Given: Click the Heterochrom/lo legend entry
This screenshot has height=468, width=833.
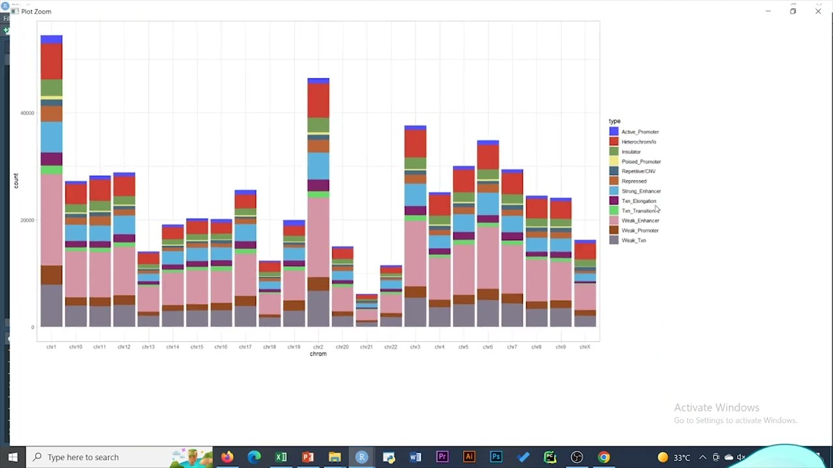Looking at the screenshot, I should pyautogui.click(x=638, y=142).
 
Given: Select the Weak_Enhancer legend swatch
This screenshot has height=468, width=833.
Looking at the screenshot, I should pyautogui.click(x=614, y=220).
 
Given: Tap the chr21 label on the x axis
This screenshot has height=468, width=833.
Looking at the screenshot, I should pyautogui.click(x=366, y=347).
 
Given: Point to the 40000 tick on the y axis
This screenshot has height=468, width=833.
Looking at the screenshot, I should pyautogui.click(x=27, y=113).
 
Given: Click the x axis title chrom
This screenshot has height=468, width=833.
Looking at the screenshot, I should pyautogui.click(x=318, y=354).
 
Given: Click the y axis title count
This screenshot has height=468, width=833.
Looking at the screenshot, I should pyautogui.click(x=16, y=181).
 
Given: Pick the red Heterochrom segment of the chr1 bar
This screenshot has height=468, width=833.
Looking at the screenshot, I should pyautogui.click(x=51, y=62).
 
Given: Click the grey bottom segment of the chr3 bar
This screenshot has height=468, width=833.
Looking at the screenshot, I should pyautogui.click(x=415, y=313).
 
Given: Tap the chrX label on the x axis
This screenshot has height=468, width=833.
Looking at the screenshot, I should pyautogui.click(x=584, y=347).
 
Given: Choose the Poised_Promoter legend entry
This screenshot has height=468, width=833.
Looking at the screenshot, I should pyautogui.click(x=640, y=161).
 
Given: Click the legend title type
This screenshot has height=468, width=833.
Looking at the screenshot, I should pyautogui.click(x=614, y=121).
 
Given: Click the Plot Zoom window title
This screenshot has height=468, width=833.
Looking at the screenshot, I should pyautogui.click(x=36, y=12).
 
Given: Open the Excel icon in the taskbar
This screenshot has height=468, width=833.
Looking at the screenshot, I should pyautogui.click(x=281, y=457).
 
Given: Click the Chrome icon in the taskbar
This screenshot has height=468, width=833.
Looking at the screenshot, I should pyautogui.click(x=604, y=457).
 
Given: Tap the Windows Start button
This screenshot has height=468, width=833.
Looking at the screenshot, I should pyautogui.click(x=13, y=457).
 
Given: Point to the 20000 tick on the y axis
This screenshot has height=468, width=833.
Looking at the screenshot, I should pyautogui.click(x=27, y=220).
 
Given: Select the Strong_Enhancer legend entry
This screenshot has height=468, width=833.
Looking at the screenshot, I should pyautogui.click(x=640, y=191).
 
